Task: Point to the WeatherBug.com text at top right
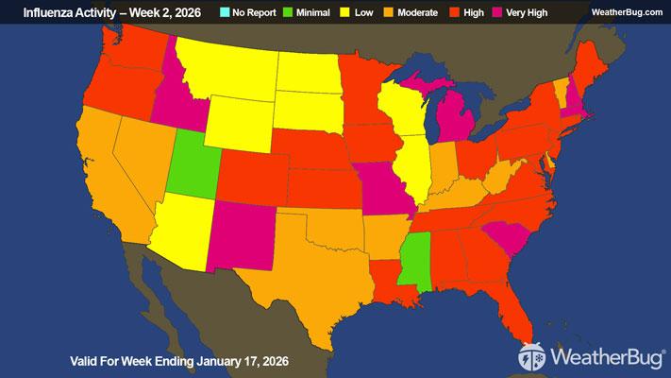point(627,11)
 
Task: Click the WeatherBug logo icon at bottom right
point(531,358)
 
